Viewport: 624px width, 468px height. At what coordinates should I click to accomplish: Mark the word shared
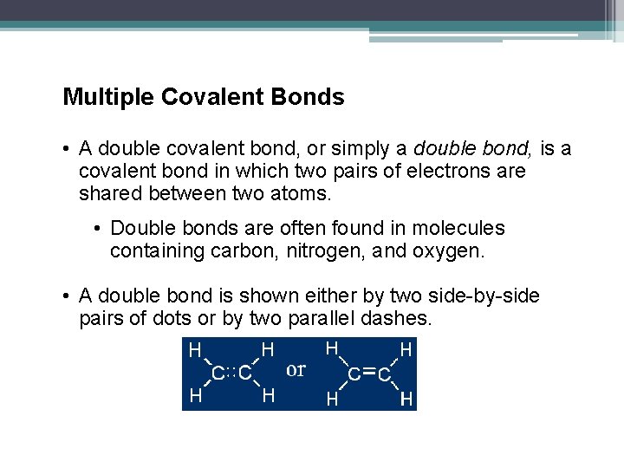pyautogui.click(x=109, y=193)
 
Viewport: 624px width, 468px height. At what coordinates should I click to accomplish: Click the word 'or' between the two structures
pyautogui.click(x=296, y=370)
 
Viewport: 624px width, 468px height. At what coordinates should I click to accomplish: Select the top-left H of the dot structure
pyautogui.click(x=196, y=350)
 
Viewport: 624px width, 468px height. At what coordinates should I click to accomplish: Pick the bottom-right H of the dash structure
pyautogui.click(x=406, y=400)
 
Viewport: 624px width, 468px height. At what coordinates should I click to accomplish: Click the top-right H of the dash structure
pyautogui.click(x=406, y=350)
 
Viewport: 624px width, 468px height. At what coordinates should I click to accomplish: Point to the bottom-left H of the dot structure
pyautogui.click(x=196, y=396)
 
